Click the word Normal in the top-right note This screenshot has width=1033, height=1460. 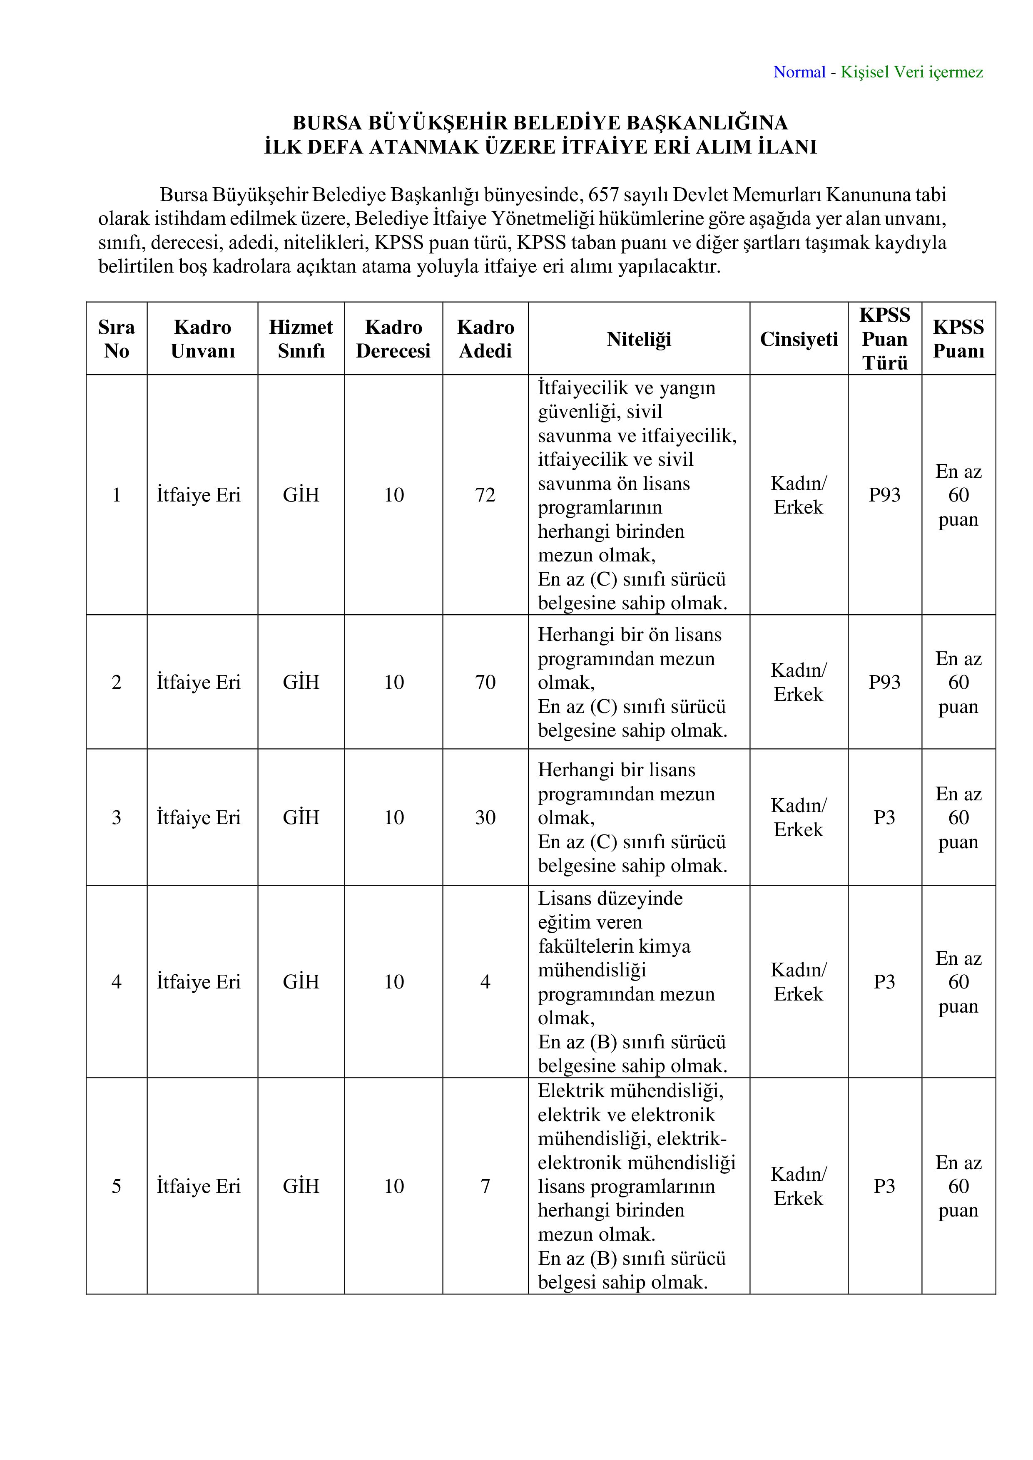click(799, 72)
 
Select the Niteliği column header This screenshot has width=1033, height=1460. click(639, 339)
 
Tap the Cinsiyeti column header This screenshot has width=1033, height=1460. click(798, 339)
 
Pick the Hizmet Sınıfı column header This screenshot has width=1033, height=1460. click(301, 339)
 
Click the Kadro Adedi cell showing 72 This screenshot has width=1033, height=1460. click(485, 495)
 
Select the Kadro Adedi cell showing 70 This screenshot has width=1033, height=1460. click(485, 682)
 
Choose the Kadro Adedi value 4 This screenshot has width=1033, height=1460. click(485, 982)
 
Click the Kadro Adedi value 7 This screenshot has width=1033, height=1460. click(485, 1186)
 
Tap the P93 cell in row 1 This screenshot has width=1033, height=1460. click(884, 495)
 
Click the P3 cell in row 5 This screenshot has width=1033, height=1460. click(884, 1186)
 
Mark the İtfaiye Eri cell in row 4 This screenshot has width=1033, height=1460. click(199, 982)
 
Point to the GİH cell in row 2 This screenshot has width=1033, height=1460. click(301, 682)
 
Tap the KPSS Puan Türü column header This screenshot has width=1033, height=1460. click(884, 339)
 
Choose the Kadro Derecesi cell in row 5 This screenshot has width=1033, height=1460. click(394, 1186)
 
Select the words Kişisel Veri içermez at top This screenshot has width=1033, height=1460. click(911, 72)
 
